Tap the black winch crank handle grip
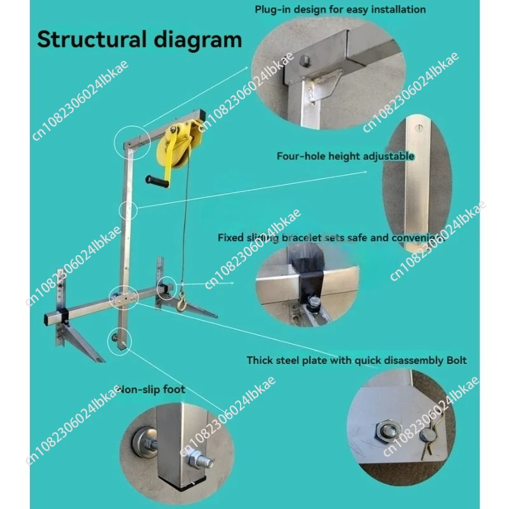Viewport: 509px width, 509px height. [157, 183]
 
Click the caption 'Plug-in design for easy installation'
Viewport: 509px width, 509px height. [340, 10]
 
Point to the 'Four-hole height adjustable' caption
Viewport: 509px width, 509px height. [345, 156]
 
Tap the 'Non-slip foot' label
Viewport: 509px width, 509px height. [153, 389]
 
